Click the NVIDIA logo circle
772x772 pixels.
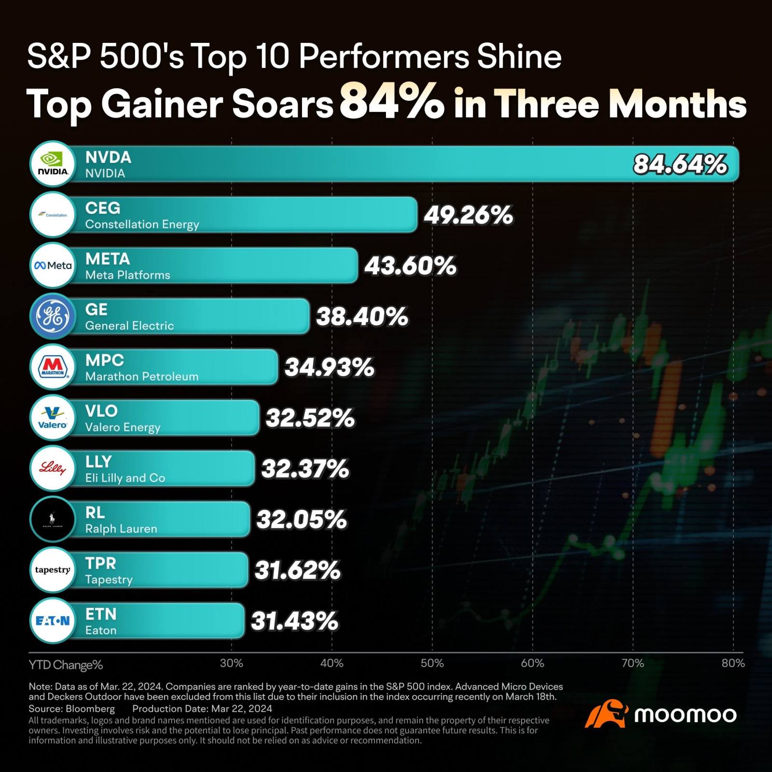pos(53,164)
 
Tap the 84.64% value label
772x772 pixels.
pos(680,165)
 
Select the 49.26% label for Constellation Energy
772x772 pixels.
pos(468,215)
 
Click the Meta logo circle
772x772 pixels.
pos(53,265)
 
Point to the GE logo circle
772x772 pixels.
pos(53,317)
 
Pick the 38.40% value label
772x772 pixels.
pos(362,317)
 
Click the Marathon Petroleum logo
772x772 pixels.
pos(53,367)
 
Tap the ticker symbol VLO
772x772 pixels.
pos(101,411)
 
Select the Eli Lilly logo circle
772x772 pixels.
pos(53,469)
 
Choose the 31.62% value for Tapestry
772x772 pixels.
pos(298,570)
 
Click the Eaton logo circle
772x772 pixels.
pos(53,621)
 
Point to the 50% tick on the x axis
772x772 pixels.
pos(432,663)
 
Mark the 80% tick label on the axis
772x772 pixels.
pos(733,663)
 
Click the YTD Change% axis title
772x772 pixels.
pos(66,665)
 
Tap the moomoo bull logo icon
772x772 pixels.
pos(606,714)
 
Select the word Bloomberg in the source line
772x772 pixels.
pos(90,709)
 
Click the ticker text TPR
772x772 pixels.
pos(101,564)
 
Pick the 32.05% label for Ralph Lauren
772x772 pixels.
pos(302,520)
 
